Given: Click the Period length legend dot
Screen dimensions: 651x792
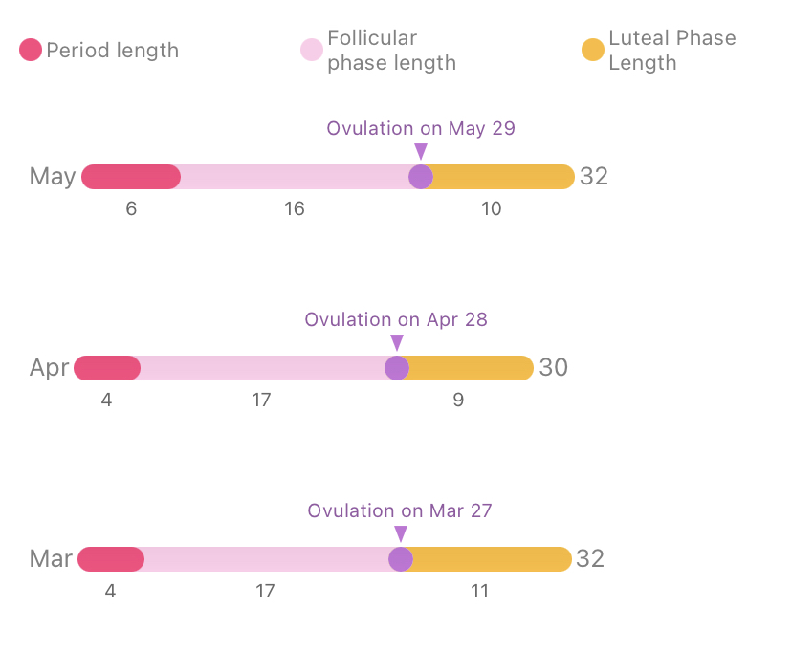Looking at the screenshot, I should tap(31, 51).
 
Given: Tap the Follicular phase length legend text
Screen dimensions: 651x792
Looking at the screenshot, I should tap(391, 51).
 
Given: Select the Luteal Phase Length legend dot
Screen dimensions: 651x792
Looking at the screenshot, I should tap(593, 51).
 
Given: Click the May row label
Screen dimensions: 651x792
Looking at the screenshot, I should tap(53, 177).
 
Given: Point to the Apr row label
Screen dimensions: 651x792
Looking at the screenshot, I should tap(49, 368).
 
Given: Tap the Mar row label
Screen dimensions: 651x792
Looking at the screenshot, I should tap(51, 559).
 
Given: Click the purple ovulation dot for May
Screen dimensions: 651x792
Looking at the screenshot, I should tap(421, 177).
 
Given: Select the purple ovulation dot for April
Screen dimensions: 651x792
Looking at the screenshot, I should tap(397, 368).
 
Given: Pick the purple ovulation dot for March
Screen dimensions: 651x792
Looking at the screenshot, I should tap(401, 559).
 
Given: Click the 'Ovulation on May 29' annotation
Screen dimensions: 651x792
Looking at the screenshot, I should tap(421, 128).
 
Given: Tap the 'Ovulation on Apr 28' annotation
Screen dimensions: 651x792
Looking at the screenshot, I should tap(396, 319).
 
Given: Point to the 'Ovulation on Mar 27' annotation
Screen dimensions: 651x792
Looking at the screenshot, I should tap(400, 510).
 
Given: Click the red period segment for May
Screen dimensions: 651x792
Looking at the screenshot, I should tap(131, 177).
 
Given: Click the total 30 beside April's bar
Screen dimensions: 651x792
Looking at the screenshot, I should tap(554, 368).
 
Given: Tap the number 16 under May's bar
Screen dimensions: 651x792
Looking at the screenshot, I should tap(295, 208).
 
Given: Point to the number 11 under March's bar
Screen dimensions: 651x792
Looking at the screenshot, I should tap(480, 591).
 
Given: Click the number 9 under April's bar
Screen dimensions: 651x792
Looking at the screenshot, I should tap(458, 400).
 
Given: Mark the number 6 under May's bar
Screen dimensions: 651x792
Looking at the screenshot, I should tap(131, 208).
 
